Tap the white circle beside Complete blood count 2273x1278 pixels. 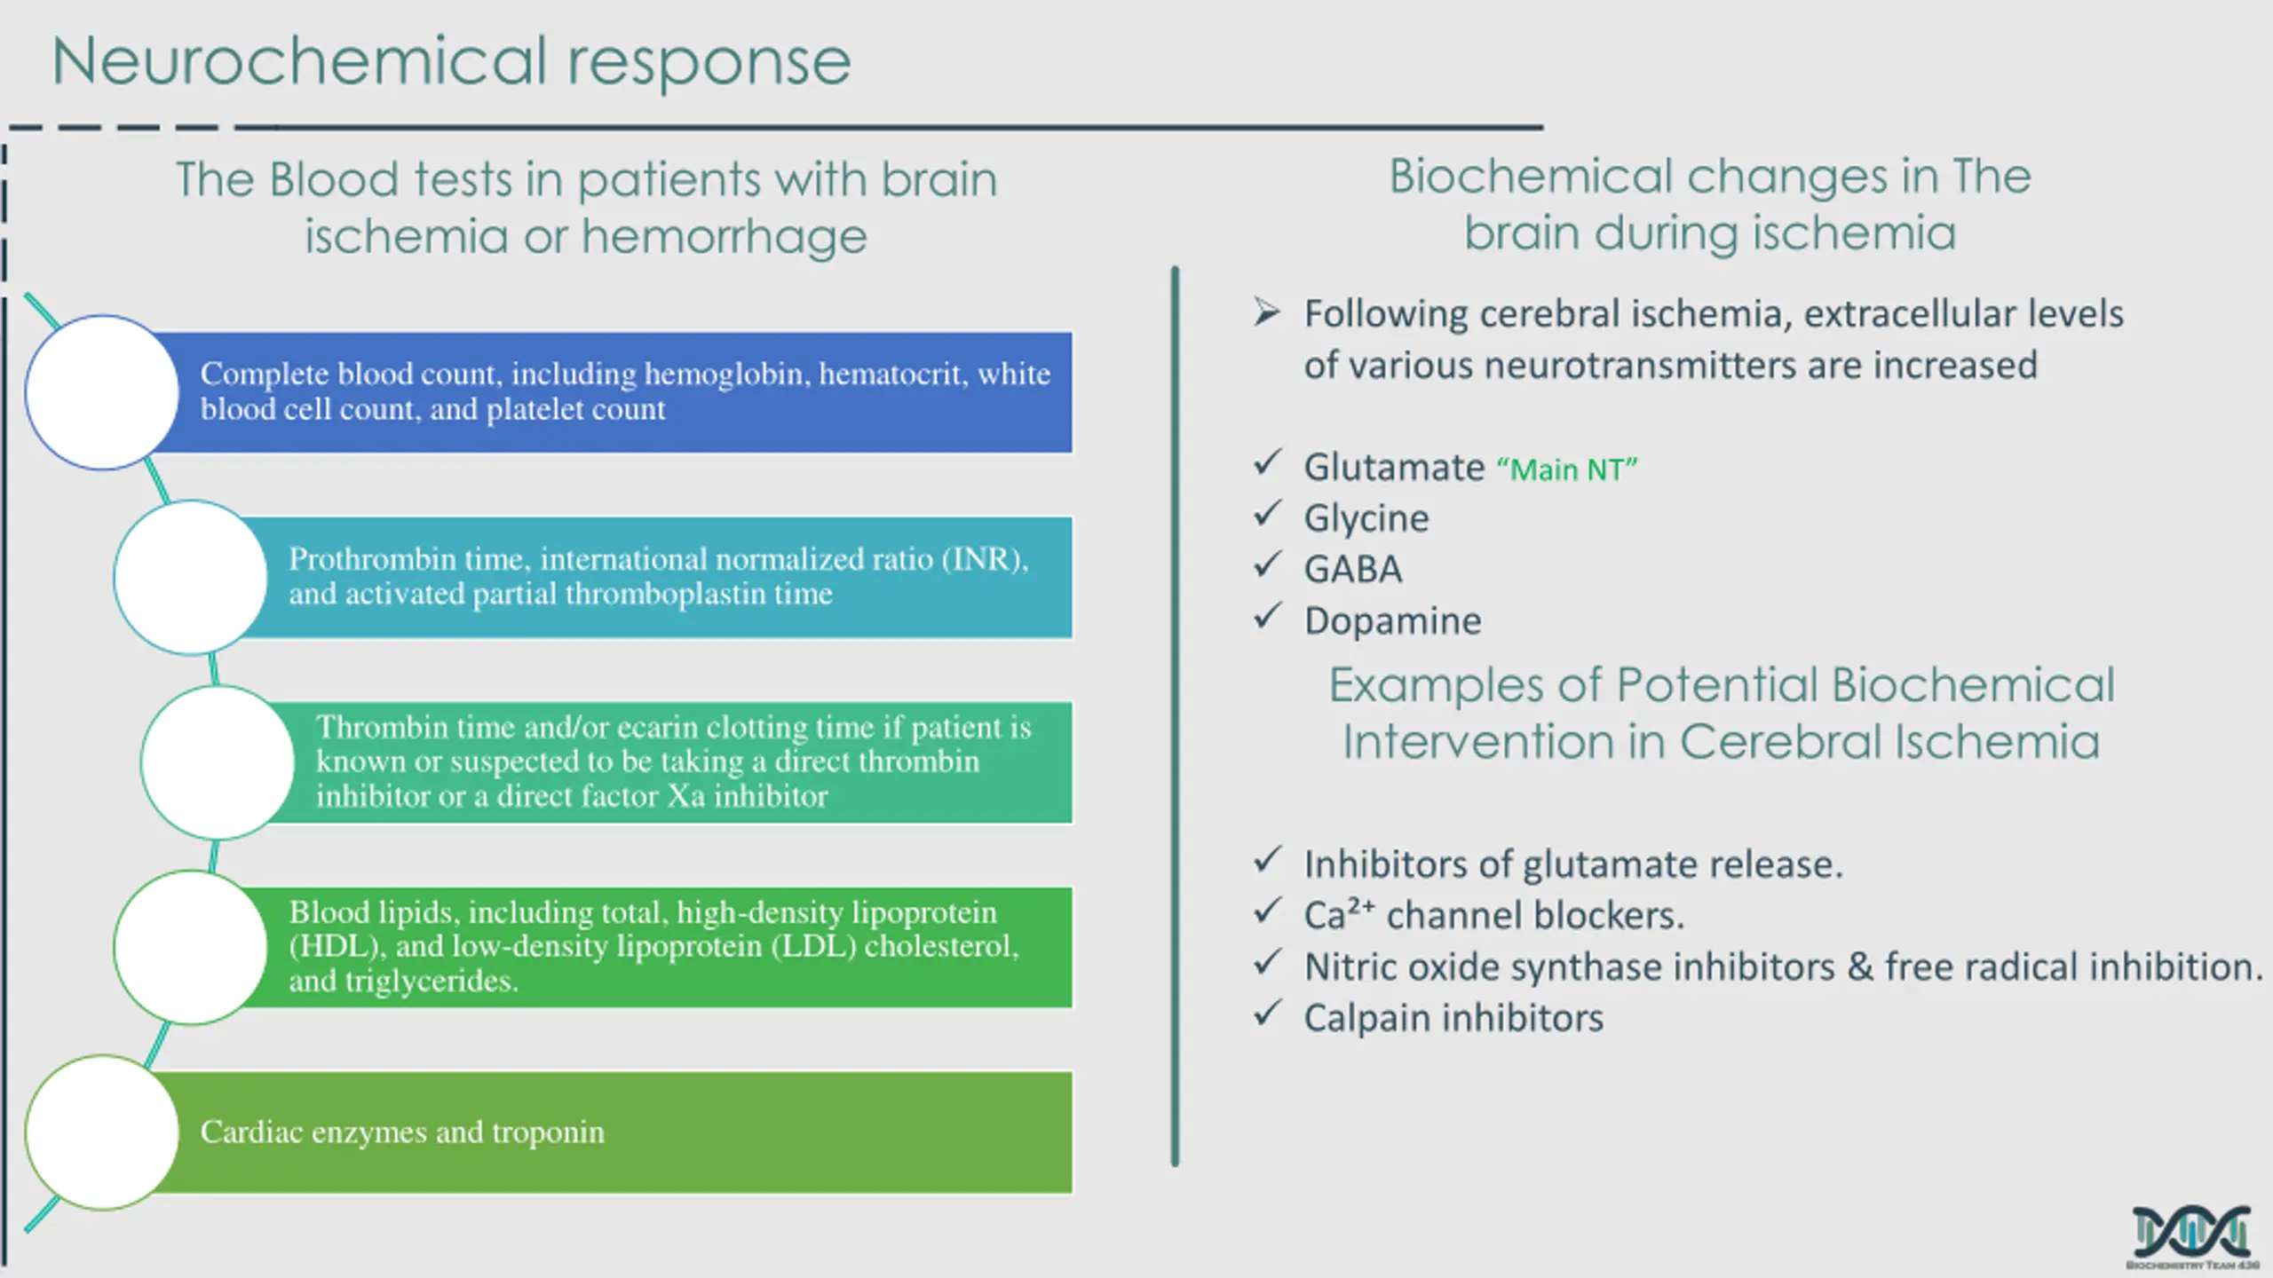102,392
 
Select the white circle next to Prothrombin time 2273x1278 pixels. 190,578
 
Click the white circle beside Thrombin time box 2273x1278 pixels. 218,762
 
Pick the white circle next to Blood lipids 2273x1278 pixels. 190,947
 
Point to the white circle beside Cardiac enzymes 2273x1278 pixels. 102,1132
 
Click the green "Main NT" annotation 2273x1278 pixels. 1567,469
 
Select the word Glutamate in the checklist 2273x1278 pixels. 1394,468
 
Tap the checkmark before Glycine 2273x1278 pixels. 1268,513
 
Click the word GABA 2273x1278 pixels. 1352,570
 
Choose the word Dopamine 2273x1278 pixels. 1392,621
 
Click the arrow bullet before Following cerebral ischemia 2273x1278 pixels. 1267,312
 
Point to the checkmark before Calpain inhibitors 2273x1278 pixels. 1268,1013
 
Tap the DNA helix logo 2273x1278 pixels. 2192,1234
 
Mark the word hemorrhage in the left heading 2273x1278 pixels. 724,237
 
